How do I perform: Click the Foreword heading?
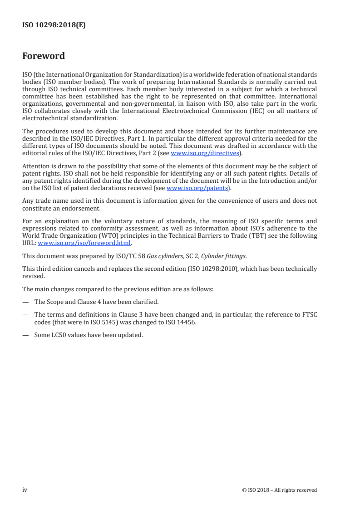44,56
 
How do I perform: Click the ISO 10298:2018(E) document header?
54,25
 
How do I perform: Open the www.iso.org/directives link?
204,153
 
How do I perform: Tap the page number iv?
25,489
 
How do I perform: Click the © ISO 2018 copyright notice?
280,490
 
